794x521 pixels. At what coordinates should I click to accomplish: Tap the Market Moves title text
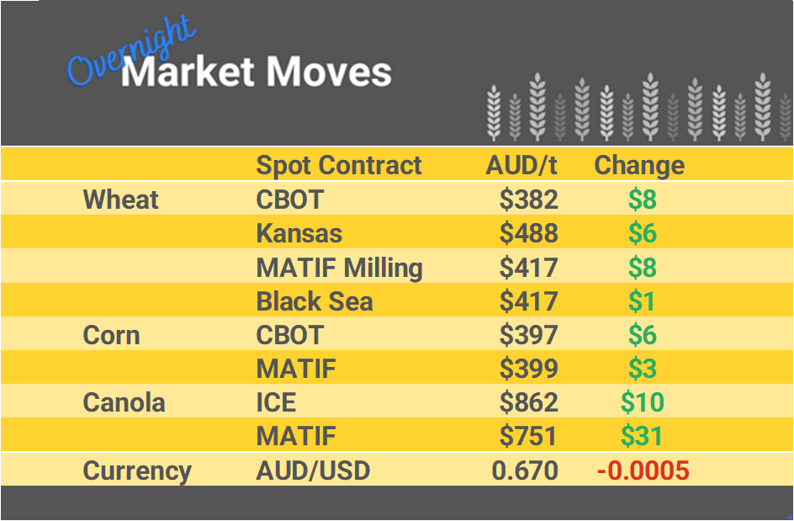click(257, 72)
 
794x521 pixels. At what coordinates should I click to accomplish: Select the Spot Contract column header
click(339, 165)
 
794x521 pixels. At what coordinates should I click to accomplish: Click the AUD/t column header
click(521, 165)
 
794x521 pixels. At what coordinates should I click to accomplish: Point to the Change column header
click(639, 165)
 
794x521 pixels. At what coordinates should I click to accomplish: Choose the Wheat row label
click(120, 199)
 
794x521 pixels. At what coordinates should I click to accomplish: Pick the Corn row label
click(111, 335)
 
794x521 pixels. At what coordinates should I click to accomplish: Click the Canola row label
click(124, 402)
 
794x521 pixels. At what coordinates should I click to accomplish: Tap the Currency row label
click(137, 470)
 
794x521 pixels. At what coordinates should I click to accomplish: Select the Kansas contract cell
click(299, 233)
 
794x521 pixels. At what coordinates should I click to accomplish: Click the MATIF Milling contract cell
click(339, 268)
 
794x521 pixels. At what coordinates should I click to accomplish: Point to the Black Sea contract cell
click(314, 301)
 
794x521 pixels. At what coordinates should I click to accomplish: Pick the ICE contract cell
click(276, 402)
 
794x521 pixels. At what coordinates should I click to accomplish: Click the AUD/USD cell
click(313, 470)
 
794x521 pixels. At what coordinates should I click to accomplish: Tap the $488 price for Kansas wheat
click(528, 233)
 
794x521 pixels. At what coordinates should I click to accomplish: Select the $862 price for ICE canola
click(528, 402)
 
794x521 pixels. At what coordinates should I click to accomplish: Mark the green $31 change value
click(642, 436)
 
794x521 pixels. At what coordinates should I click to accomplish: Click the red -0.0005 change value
click(643, 470)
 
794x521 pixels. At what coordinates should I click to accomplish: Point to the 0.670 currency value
click(525, 470)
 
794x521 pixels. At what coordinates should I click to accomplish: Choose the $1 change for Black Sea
click(642, 301)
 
